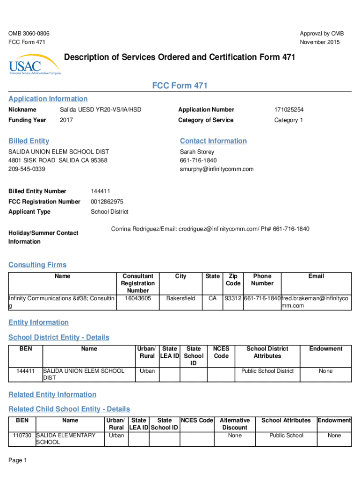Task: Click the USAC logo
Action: [35, 67]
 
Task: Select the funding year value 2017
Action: [66, 120]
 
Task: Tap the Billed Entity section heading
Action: [29, 141]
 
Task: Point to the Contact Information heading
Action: [213, 141]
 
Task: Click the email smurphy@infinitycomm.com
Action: [216, 169]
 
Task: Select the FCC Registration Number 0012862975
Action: [107, 202]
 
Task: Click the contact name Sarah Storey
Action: [197, 152]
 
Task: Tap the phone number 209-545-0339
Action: [27, 169]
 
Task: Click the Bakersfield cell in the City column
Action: [180, 298]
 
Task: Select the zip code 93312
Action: [233, 298]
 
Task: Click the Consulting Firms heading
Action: [37, 265]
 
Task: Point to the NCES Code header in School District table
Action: [221, 352]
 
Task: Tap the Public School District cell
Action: [267, 371]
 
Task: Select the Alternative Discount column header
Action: [235, 424]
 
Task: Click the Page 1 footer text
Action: [18, 461]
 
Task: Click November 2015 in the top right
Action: [320, 43]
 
